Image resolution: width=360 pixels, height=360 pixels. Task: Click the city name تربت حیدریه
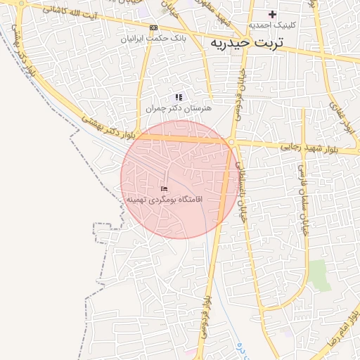tap(246, 43)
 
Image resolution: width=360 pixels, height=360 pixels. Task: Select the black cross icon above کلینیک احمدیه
tap(273, 14)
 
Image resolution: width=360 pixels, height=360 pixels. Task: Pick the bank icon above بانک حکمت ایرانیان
tap(153, 27)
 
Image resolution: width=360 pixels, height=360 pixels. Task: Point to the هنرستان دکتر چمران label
tap(179, 109)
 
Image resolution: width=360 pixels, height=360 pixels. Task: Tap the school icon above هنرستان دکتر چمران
tap(179, 98)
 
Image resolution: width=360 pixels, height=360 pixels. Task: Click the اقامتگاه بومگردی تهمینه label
tap(164, 200)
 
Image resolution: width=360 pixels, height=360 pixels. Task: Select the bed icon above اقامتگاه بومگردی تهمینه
tap(165, 188)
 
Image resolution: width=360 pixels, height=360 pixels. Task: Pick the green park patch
tap(320, 275)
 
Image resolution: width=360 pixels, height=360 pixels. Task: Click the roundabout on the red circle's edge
tap(231, 143)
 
